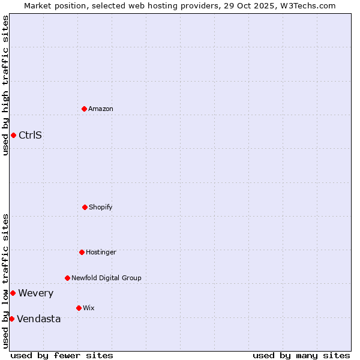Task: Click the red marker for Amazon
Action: [x=84, y=109]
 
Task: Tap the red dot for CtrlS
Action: [x=13, y=135]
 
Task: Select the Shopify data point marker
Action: [x=85, y=207]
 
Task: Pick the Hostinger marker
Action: [x=82, y=252]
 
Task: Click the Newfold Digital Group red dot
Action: [x=67, y=278]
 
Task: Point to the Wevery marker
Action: [x=13, y=293]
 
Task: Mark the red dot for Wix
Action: [x=79, y=308]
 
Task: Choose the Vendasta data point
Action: [x=11, y=319]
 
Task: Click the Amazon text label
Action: [x=101, y=109]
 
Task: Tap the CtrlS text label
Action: [x=30, y=135]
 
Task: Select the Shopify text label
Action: [x=101, y=207]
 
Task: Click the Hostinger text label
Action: [x=101, y=252]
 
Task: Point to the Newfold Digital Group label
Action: [x=106, y=278]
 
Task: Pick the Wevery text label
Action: [x=35, y=293]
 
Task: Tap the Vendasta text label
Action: [x=38, y=319]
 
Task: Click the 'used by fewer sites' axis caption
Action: [x=62, y=355]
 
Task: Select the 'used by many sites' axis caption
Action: [x=301, y=355]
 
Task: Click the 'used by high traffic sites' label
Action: [x=5, y=85]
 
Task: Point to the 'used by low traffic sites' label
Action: [x=5, y=281]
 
